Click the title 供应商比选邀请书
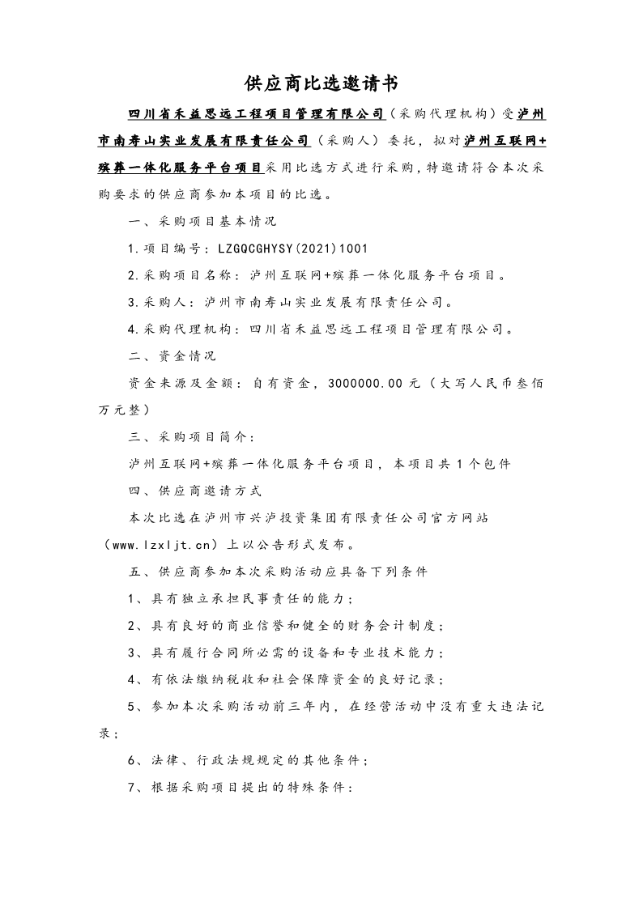321,83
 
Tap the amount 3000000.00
365,385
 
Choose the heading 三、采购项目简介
192,437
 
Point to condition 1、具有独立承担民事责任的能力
241,598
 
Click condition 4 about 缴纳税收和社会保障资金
286,680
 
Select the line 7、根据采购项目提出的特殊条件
241,788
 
